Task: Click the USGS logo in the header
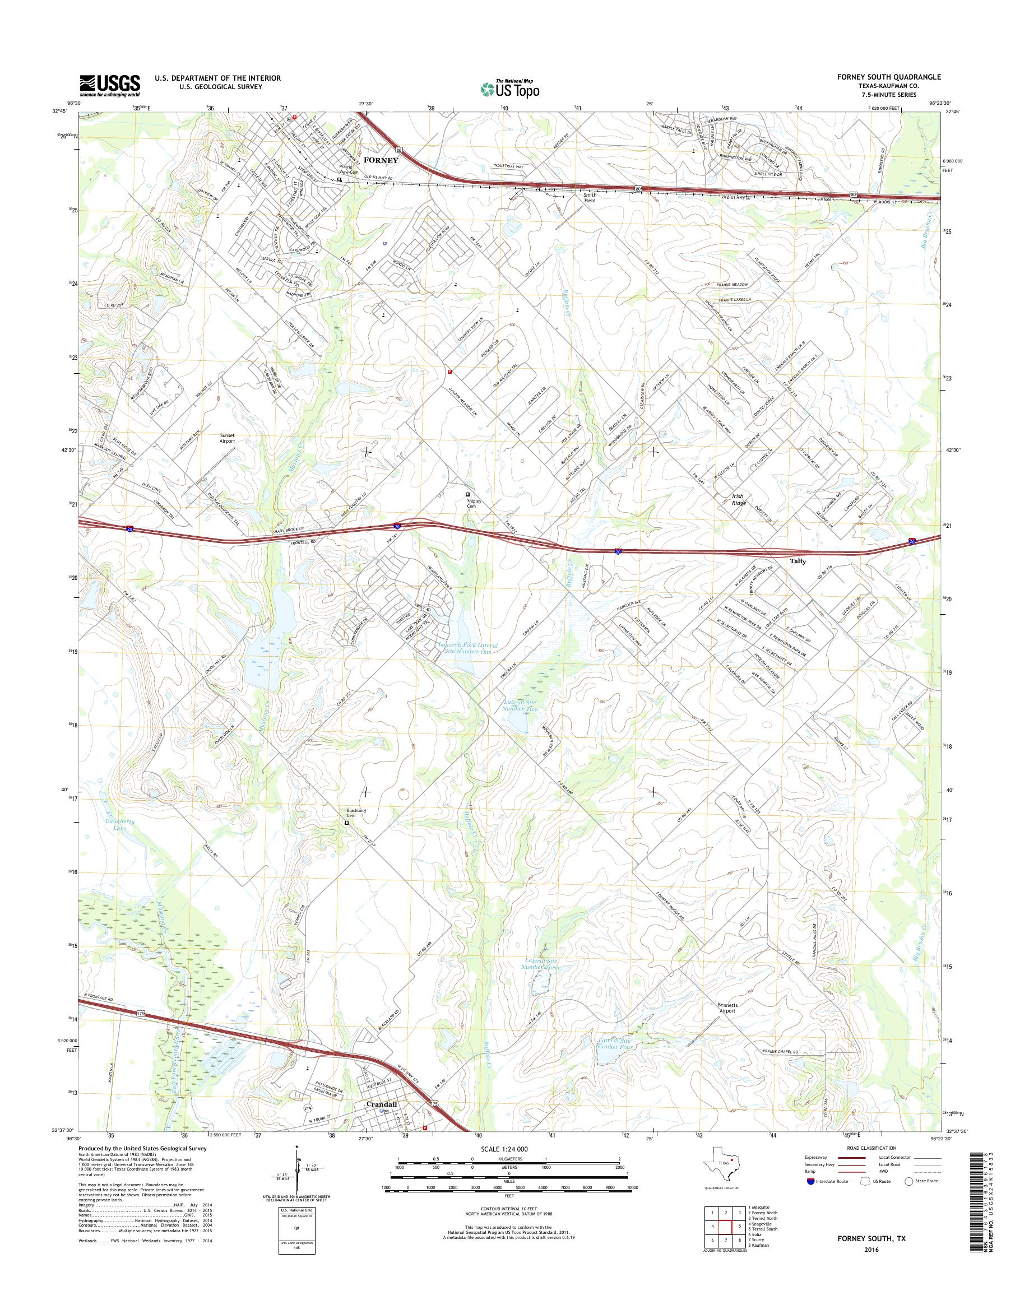[110, 85]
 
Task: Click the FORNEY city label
[381, 160]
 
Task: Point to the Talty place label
[798, 561]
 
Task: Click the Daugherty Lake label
[119, 825]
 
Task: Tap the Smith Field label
[590, 198]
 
